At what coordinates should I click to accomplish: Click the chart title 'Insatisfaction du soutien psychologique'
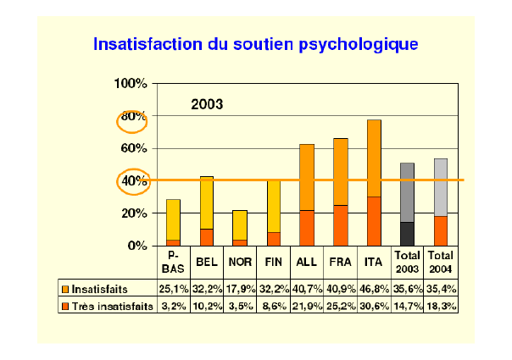[x=255, y=42]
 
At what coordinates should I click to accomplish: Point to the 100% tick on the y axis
[x=131, y=84]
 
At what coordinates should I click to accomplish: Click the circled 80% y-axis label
[x=132, y=117]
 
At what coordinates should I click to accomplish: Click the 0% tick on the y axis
[x=137, y=246]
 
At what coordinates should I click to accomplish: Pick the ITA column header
[x=374, y=262]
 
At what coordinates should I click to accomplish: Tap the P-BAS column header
[x=173, y=262]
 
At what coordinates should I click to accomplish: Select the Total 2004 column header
[x=441, y=262]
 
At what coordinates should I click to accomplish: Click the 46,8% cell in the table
[x=374, y=288]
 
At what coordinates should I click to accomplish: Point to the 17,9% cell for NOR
[x=240, y=288]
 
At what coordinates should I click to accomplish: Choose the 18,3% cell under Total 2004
[x=441, y=306]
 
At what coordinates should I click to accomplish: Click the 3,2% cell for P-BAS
[x=173, y=306]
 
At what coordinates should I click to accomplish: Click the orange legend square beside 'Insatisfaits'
[x=65, y=288]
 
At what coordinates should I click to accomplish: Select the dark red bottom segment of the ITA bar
[x=374, y=221]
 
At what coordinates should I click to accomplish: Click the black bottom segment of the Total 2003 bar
[x=407, y=234]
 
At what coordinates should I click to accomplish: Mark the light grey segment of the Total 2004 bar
[x=441, y=187]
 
